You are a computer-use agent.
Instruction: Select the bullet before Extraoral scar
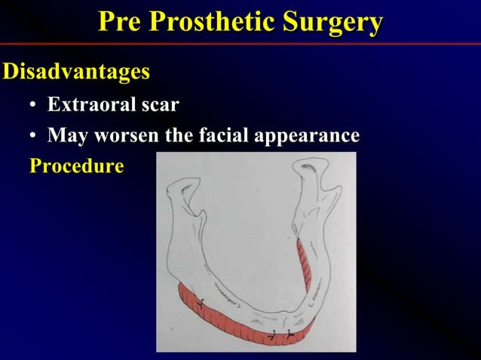[33, 106]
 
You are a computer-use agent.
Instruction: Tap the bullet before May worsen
[33, 138]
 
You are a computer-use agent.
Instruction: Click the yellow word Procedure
[75, 166]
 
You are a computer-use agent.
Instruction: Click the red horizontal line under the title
[240, 44]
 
